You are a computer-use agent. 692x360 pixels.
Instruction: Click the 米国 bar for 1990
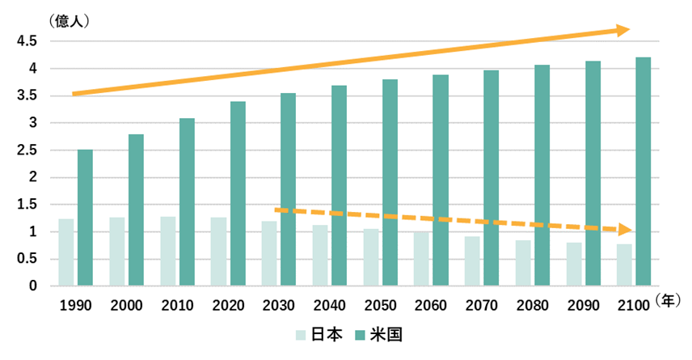(x=85, y=218)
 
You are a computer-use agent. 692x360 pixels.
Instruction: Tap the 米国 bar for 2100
(x=643, y=172)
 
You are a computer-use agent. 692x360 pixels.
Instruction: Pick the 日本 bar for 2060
(x=421, y=259)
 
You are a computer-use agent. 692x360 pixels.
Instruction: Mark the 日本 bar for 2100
(x=624, y=265)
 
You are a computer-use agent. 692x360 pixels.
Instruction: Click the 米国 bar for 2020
(x=238, y=193)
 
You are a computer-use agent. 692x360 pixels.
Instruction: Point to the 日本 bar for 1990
(x=65, y=252)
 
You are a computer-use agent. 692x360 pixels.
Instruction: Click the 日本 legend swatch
(x=300, y=333)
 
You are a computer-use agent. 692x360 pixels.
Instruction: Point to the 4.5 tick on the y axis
(x=27, y=41)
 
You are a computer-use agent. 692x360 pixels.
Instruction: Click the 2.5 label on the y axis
(x=27, y=150)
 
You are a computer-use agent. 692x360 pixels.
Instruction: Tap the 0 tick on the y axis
(x=33, y=286)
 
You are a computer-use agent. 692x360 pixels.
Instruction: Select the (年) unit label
(x=669, y=300)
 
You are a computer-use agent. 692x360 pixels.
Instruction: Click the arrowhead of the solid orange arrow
(x=623, y=31)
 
